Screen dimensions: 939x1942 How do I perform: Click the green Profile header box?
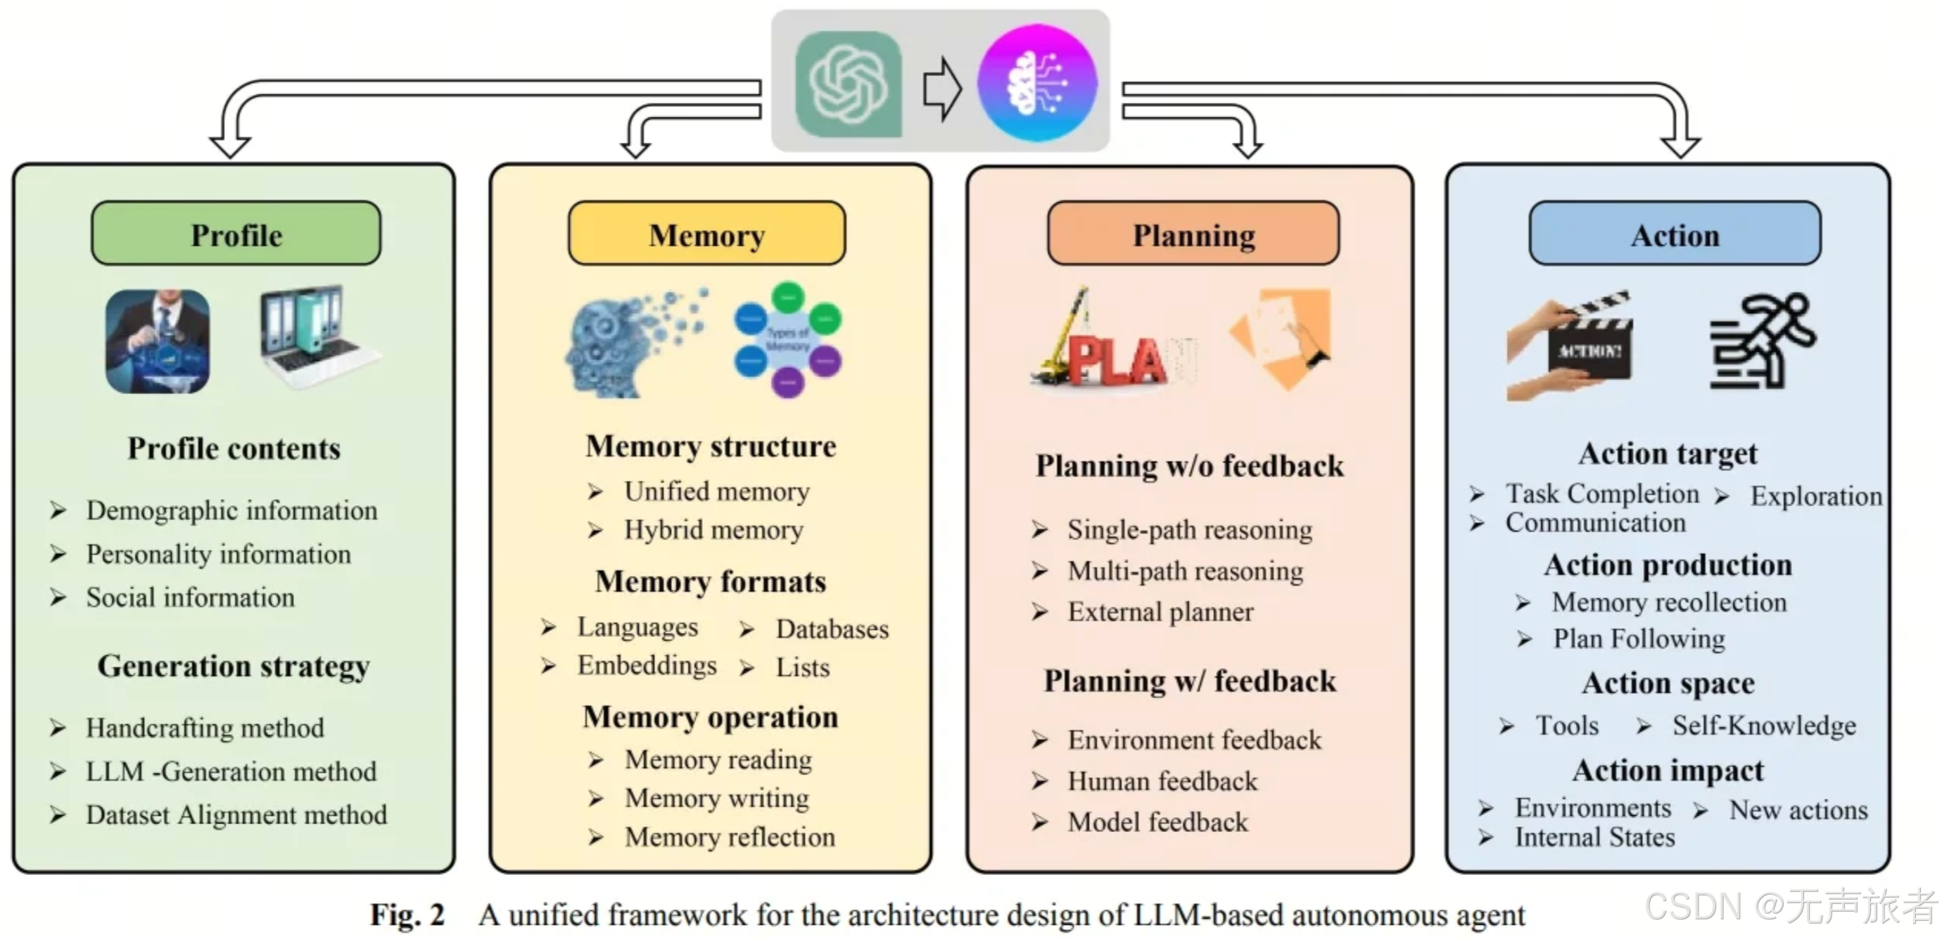[x=236, y=234]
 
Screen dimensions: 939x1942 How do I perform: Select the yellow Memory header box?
[x=706, y=234]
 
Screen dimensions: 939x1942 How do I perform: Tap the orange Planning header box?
[x=1193, y=234]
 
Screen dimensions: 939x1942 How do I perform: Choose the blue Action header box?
[x=1675, y=234]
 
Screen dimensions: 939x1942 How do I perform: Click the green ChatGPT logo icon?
[x=848, y=84]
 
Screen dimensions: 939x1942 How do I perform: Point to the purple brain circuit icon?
[x=1036, y=82]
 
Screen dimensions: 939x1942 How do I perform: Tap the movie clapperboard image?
[x=1570, y=346]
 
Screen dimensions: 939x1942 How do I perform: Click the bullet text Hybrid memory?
[x=712, y=530]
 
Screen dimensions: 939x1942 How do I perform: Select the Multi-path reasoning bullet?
[x=1184, y=571]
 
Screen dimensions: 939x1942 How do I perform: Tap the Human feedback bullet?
[x=1162, y=781]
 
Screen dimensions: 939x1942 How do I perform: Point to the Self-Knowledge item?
[x=1763, y=725]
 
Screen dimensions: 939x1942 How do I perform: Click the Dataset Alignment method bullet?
[x=236, y=814]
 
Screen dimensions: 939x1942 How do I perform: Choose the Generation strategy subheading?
[x=234, y=666]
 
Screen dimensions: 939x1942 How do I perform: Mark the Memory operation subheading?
[x=710, y=717]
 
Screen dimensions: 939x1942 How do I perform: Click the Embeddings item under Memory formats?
[x=646, y=665]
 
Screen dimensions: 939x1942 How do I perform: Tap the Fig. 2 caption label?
[x=407, y=915]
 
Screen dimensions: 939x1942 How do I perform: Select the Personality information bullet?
[x=218, y=555]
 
